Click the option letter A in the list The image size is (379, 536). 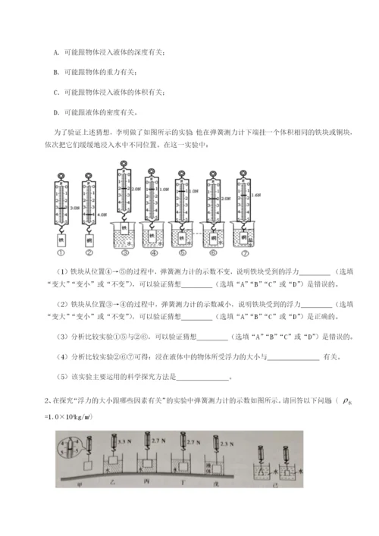pyautogui.click(x=57, y=52)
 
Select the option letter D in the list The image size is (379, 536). pyautogui.click(x=57, y=113)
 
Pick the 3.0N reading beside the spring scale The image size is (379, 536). pyautogui.click(x=74, y=206)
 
